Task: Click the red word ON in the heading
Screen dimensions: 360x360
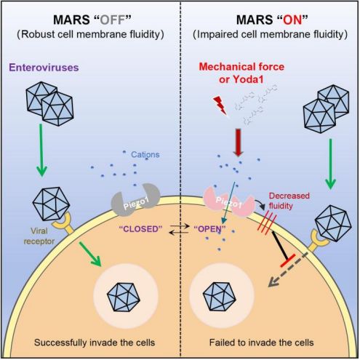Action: [x=292, y=20]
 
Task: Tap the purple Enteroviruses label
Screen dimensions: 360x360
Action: [x=44, y=68]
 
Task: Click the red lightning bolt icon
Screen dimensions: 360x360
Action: [x=220, y=105]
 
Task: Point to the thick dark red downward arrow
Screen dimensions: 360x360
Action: [x=238, y=143]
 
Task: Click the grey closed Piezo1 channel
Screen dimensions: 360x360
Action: [x=135, y=201]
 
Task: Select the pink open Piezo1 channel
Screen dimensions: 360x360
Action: [x=229, y=203]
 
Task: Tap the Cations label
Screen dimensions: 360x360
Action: [x=145, y=154]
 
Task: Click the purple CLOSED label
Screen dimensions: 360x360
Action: [x=140, y=229]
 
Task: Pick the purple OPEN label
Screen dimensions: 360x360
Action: [x=210, y=229]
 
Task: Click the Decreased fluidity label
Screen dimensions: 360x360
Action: [x=289, y=201]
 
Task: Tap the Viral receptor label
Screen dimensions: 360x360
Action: [x=39, y=236]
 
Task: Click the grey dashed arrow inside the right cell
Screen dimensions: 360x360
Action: [x=288, y=270]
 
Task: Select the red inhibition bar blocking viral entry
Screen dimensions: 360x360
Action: [x=288, y=260]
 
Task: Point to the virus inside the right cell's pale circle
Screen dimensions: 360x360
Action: [x=220, y=297]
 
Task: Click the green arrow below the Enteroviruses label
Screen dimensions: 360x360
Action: [x=41, y=151]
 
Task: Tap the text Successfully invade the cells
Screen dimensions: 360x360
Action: [x=95, y=343]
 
